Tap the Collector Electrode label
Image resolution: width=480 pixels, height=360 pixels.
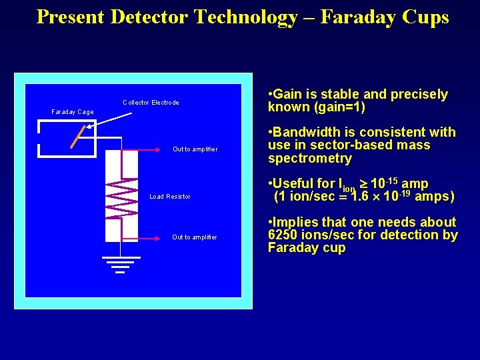point(151,103)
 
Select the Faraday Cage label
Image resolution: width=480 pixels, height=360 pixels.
point(73,112)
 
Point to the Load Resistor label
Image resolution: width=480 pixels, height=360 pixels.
point(170,197)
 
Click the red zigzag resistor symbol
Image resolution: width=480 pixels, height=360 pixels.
point(121,197)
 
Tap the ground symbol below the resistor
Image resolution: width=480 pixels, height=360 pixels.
point(120,264)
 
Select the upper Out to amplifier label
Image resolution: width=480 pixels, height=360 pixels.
point(195,149)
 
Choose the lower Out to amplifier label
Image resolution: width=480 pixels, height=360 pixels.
point(194,237)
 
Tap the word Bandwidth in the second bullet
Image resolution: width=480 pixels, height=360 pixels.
point(305,133)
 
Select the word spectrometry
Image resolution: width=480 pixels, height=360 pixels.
point(309,159)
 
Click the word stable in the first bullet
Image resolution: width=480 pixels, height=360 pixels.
point(335,95)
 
